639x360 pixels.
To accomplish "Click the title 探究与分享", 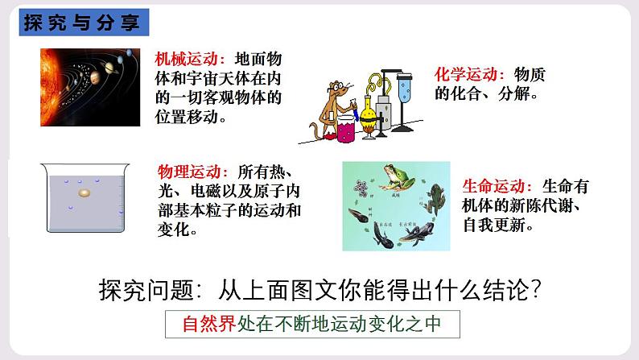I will (x=81, y=22).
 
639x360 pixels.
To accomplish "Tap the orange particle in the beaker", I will (x=85, y=193).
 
